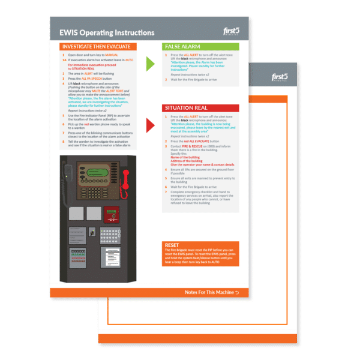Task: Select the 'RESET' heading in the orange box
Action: pos(172,245)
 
